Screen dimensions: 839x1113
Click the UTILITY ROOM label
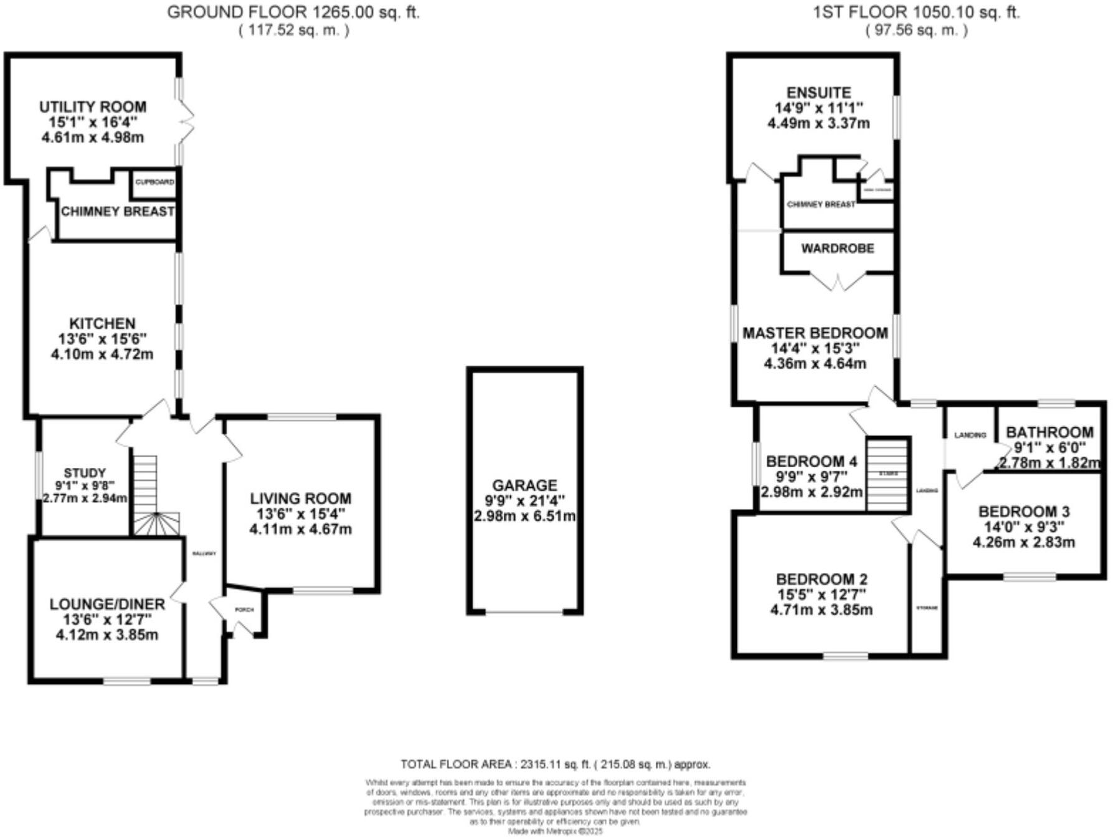point(93,107)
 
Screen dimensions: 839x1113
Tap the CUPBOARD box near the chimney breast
point(155,182)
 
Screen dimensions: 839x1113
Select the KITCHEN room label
point(102,323)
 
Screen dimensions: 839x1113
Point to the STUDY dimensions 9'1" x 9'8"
point(85,485)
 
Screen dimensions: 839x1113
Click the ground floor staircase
point(149,498)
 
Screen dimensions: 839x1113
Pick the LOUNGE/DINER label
point(107,604)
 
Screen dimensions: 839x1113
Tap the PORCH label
point(244,609)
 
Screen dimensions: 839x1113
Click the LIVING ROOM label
point(300,498)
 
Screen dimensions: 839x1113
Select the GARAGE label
point(524,485)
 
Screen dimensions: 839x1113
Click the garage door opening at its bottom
point(524,612)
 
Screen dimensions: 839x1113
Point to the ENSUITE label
point(818,92)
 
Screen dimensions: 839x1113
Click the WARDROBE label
point(838,249)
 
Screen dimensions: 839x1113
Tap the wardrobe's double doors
point(838,281)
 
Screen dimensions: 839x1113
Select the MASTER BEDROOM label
point(815,333)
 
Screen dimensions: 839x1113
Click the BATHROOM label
point(1049,432)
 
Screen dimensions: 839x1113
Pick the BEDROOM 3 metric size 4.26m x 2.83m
point(1023,542)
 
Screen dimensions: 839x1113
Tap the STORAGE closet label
point(927,607)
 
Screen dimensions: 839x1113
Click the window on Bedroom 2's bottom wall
point(845,655)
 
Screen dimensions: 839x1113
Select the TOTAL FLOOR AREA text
point(554,764)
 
